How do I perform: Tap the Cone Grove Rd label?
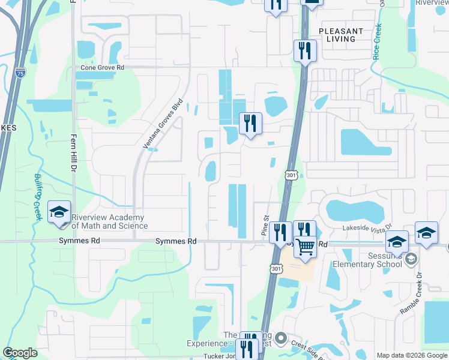coord(102,68)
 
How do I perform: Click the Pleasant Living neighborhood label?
coord(341,34)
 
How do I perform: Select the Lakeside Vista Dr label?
coord(367,228)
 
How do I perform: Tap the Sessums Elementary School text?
coord(369,260)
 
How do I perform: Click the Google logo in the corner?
coord(20,353)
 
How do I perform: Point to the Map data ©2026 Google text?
coord(412,355)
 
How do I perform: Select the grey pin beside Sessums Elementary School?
coord(411,259)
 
